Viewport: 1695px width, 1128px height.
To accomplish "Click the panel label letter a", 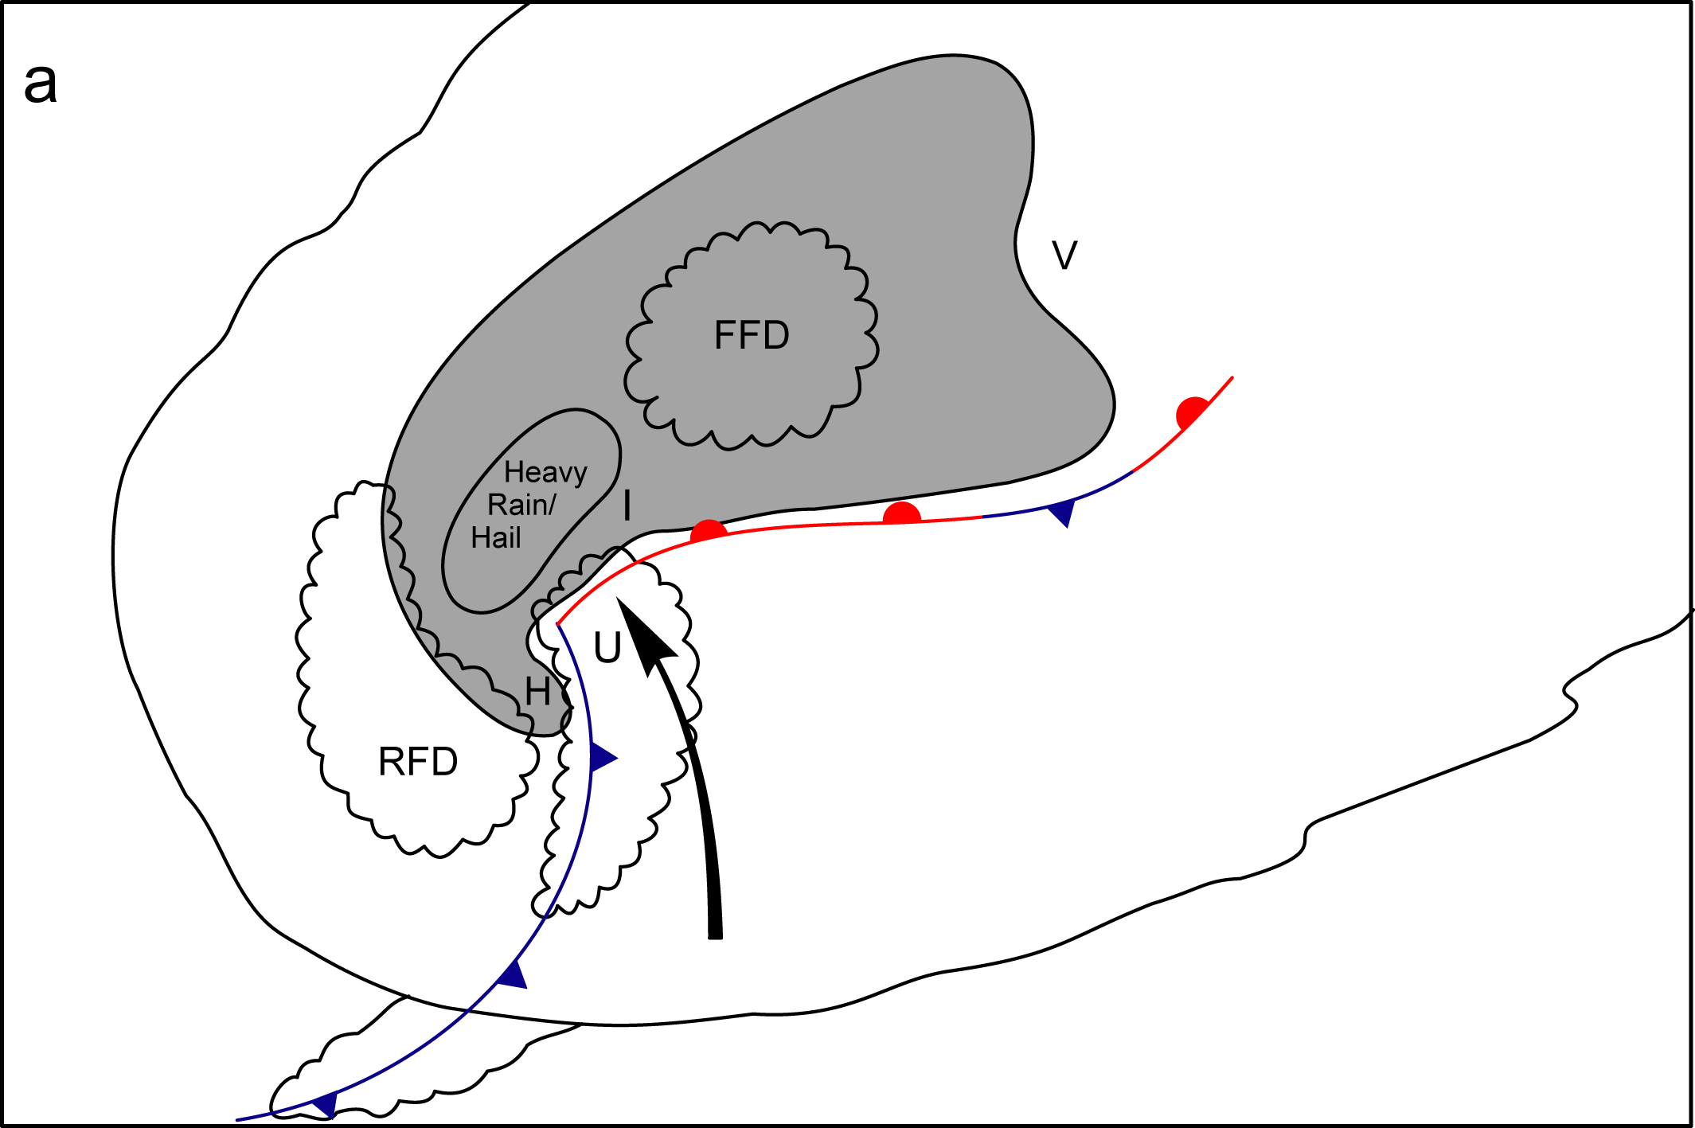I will [x=41, y=83].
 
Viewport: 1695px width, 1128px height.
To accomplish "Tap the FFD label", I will [x=751, y=335].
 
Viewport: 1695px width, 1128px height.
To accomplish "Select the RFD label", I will [x=418, y=762].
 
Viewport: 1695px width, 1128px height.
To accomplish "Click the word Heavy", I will [x=545, y=473].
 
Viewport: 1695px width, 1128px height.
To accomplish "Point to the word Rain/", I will [x=521, y=505].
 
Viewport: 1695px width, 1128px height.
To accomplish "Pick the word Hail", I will [x=495, y=538].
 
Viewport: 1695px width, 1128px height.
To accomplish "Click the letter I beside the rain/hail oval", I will [x=627, y=505].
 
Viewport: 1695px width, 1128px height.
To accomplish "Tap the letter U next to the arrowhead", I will [x=607, y=647].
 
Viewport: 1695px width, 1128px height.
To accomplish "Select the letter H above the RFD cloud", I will [x=538, y=691].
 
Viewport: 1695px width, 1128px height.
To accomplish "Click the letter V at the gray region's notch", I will [x=1064, y=256].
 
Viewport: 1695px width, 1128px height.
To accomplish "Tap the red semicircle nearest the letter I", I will [x=708, y=530].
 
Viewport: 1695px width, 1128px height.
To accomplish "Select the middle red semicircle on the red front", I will [x=902, y=513].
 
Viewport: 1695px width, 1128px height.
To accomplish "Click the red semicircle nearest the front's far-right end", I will [x=1192, y=412].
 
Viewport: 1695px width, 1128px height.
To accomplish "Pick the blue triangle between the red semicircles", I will [x=1064, y=513].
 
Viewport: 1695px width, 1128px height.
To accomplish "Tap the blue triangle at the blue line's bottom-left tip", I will [x=326, y=1104].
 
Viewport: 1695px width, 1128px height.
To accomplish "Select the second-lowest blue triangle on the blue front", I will [x=514, y=975].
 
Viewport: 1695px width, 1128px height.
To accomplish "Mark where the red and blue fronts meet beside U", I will [x=558, y=625].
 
